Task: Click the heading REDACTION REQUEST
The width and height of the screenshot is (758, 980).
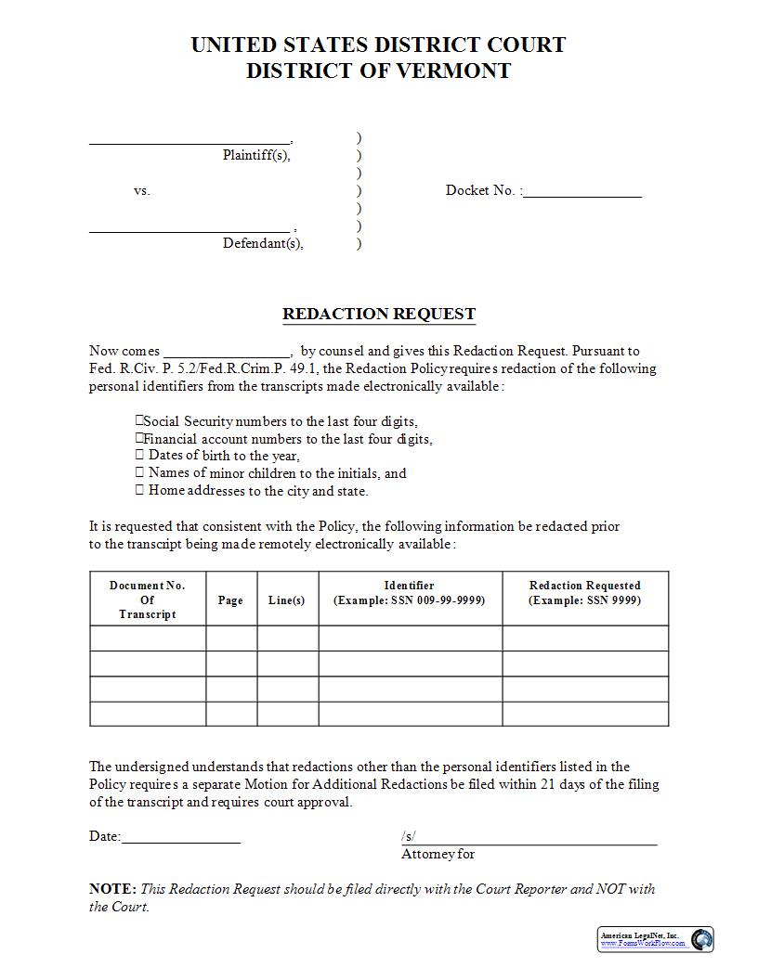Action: [379, 314]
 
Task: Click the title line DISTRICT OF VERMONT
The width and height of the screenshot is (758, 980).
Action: [378, 71]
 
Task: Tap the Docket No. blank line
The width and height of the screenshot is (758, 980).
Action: [582, 193]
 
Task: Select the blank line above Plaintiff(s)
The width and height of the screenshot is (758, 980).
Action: [189, 140]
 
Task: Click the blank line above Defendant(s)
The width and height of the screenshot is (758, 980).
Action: [189, 228]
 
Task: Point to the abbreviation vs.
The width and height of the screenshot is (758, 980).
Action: [141, 190]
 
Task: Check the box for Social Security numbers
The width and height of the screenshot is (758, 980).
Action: [139, 420]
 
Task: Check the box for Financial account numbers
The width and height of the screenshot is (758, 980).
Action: [139, 438]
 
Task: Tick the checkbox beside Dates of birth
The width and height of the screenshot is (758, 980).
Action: [139, 455]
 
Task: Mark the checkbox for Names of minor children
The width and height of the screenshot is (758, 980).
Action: [139, 472]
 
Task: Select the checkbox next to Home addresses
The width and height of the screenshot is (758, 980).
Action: [139, 490]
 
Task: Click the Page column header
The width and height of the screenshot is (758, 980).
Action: [230, 600]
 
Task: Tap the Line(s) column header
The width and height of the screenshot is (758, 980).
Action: [286, 600]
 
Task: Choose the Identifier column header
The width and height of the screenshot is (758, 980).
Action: [409, 593]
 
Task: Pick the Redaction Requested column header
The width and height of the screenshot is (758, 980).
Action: [584, 593]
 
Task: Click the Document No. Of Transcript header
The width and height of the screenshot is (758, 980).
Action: [147, 600]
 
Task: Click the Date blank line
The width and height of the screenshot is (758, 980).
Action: [180, 838]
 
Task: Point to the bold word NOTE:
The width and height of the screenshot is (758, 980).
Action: [112, 888]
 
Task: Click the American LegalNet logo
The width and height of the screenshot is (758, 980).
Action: [656, 939]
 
